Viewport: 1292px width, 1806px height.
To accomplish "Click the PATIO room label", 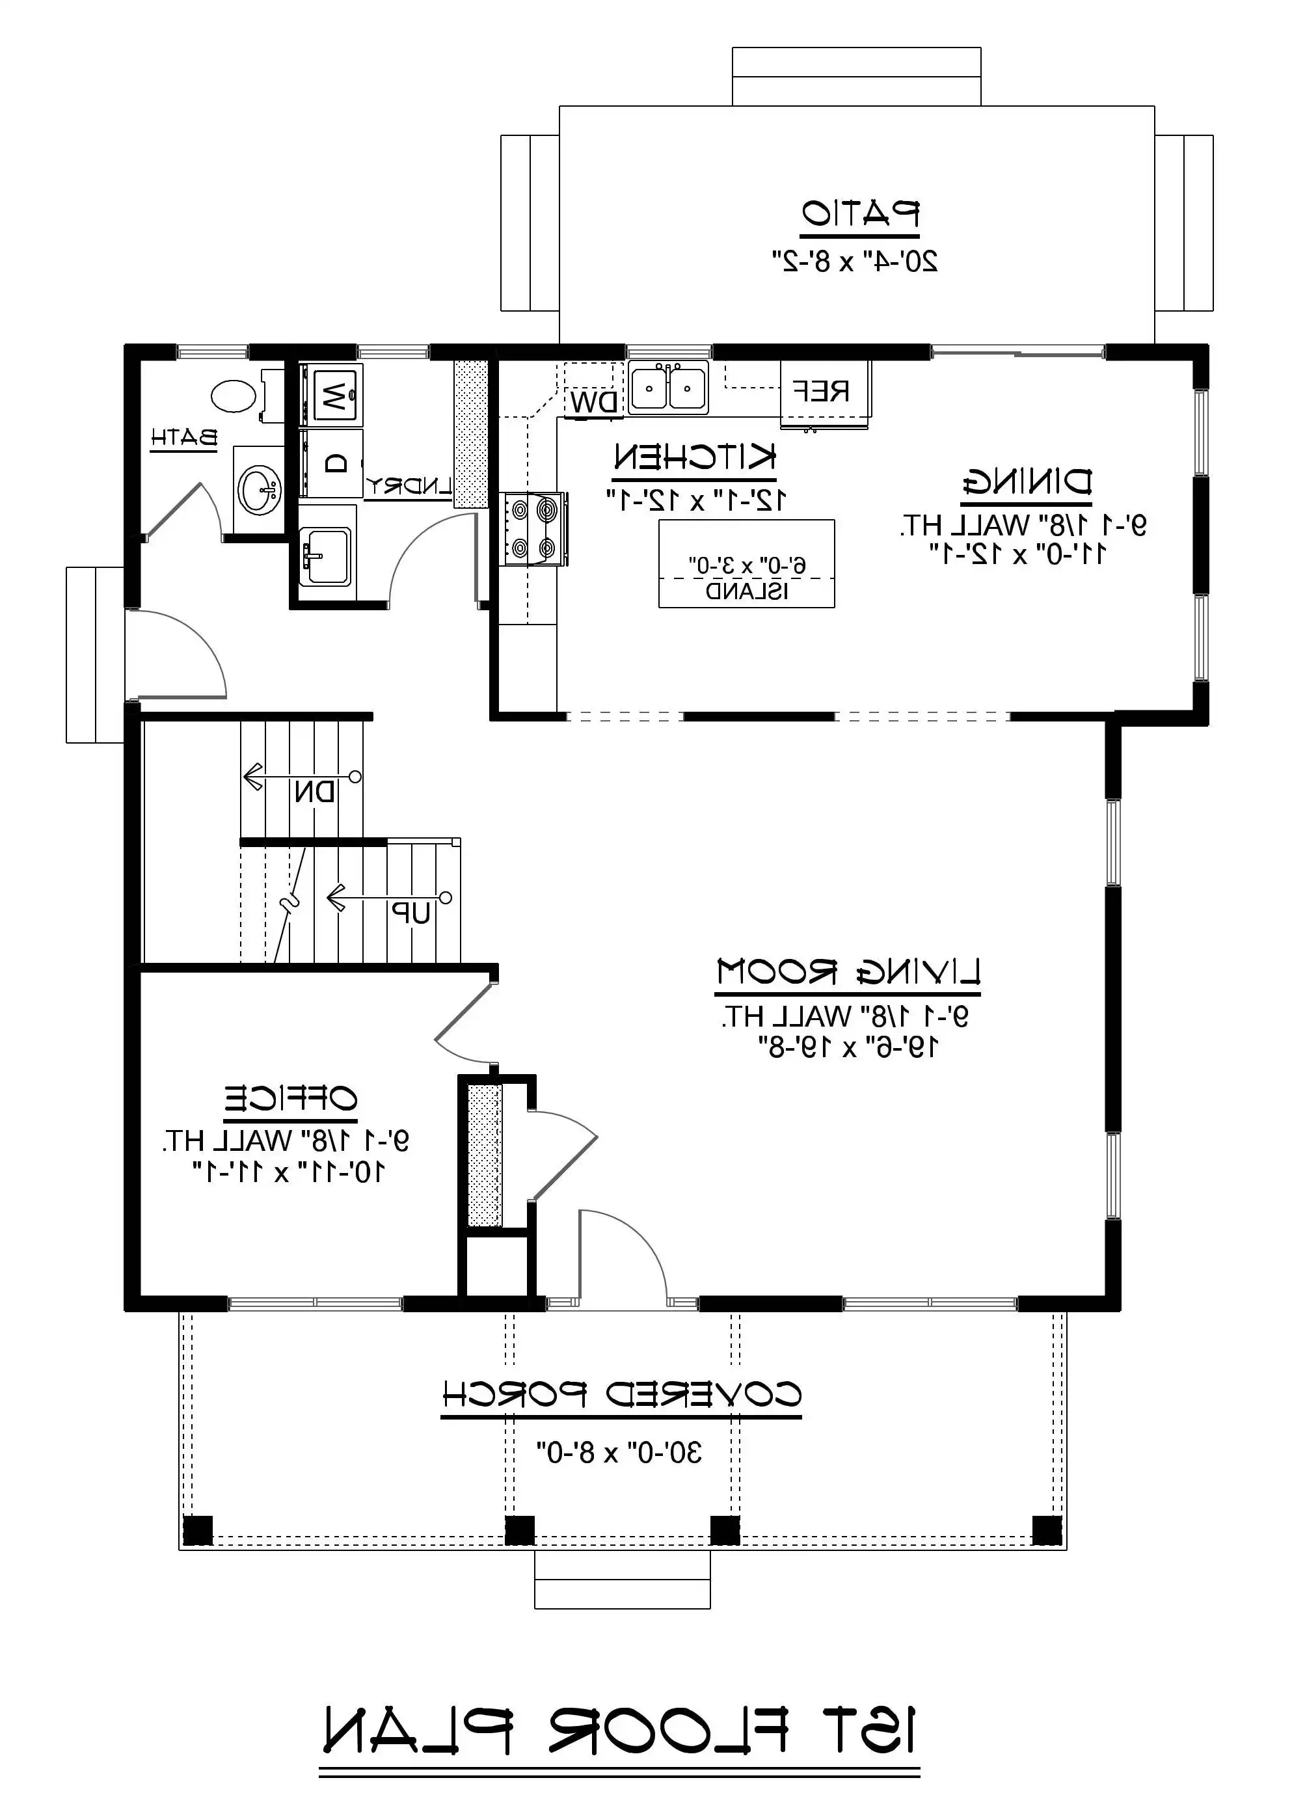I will tap(860, 213).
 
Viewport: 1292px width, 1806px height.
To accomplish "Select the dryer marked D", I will tap(336, 463).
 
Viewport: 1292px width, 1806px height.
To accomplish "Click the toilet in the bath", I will tap(235, 396).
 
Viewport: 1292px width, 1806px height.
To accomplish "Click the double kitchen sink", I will tap(668, 388).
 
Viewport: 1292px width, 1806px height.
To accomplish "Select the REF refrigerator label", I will tap(821, 390).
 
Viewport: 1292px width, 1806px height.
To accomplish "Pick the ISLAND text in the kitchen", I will tap(747, 592).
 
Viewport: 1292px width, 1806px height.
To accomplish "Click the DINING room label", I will tap(1027, 482).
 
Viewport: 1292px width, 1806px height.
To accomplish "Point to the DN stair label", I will tap(315, 792).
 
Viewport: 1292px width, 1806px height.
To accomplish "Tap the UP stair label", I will tap(410, 914).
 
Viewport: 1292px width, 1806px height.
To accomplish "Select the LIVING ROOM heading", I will tap(848, 972).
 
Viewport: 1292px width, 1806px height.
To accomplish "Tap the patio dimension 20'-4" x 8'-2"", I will tap(855, 261).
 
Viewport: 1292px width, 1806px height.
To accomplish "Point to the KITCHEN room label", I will tap(693, 457).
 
